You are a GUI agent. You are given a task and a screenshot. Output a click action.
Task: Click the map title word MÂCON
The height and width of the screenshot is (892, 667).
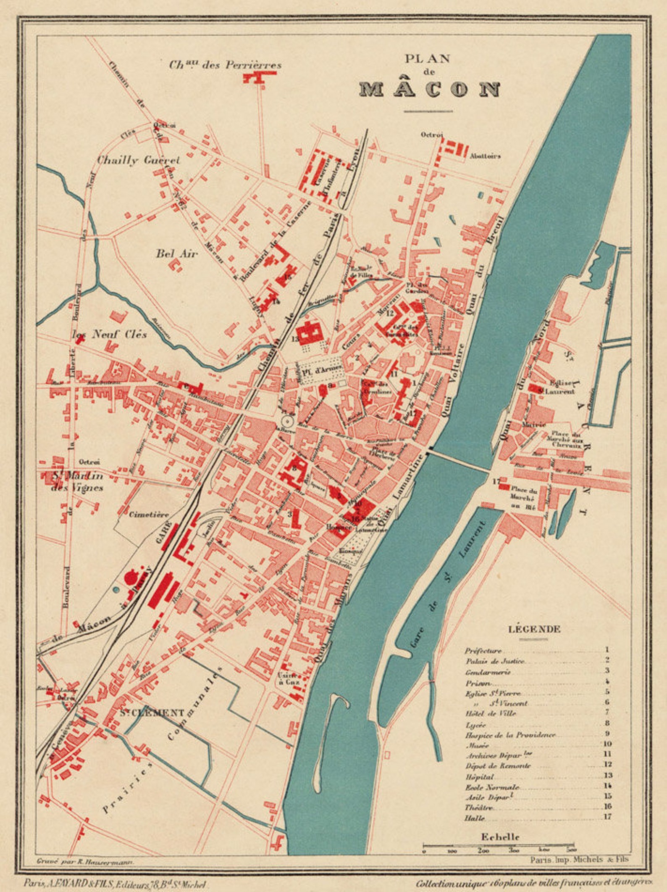(430, 89)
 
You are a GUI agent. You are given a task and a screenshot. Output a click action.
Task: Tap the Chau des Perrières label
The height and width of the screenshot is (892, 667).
(225, 65)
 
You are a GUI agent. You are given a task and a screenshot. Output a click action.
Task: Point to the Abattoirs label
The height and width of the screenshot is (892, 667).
(485, 156)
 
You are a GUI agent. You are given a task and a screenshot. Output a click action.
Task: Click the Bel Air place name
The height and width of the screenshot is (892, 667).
(176, 253)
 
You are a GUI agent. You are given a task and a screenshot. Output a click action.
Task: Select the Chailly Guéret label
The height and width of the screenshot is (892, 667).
(138, 160)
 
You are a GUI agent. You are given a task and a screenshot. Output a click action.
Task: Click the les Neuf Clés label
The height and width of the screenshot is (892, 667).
(110, 334)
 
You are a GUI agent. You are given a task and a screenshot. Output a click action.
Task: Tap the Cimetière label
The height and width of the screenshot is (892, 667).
(149, 514)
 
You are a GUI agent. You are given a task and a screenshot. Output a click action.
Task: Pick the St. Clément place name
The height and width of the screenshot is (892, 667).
(152, 713)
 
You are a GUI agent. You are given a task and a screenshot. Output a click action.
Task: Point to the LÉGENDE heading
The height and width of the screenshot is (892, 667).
(534, 629)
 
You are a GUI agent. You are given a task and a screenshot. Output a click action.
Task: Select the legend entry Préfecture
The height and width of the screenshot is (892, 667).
(483, 651)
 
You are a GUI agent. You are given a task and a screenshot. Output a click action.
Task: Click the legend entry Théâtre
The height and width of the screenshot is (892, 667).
(478, 808)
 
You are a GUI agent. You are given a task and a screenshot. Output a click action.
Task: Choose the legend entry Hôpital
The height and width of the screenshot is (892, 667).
(479, 777)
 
